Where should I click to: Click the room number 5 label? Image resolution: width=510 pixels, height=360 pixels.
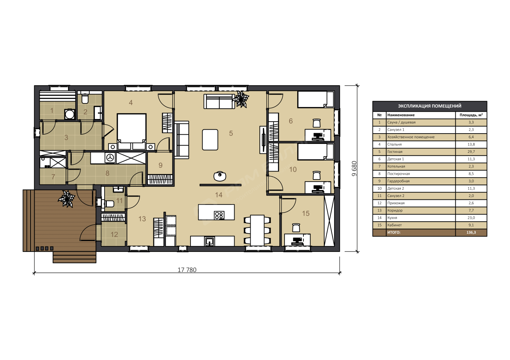pos(231,133)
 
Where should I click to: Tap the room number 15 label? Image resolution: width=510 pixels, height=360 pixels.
pos(306,213)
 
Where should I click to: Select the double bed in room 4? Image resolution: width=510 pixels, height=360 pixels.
pos(132,131)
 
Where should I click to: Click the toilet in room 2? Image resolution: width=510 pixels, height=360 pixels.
pos(85,99)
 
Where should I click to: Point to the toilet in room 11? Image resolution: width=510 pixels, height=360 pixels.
pos(109,203)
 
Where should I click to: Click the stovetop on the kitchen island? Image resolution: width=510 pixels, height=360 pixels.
pos(219,215)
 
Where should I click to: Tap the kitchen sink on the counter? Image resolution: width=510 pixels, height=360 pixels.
pos(209,242)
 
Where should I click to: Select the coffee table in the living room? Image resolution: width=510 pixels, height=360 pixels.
pos(210,140)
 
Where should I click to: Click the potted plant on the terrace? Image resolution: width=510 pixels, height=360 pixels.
pos(66,199)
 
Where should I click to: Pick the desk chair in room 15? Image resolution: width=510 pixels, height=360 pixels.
pos(296,228)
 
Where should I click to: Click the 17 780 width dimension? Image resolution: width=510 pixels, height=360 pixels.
pos(187,270)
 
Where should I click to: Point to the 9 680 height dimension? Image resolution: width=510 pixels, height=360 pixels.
pos(354,169)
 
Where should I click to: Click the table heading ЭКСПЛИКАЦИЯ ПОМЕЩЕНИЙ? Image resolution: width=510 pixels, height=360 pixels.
pos(429,106)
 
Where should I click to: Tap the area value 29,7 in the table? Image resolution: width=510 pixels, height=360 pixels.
pos(471,152)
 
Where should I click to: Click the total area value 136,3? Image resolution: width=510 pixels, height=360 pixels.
pos(471,233)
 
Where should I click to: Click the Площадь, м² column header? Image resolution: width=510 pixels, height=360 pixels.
pos(471,115)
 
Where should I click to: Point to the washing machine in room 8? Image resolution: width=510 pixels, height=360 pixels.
pos(110,158)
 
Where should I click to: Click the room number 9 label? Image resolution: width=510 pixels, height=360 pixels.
pos(161,165)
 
